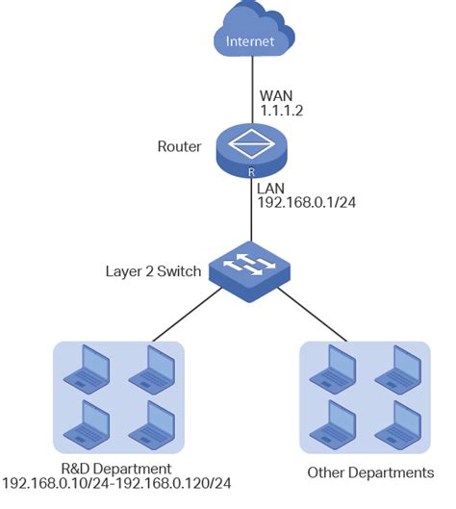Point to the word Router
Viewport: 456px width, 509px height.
pyautogui.click(x=178, y=147)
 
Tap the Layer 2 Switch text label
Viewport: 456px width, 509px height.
pyautogui.click(x=153, y=270)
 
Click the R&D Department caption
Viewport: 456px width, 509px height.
pyautogui.click(x=116, y=467)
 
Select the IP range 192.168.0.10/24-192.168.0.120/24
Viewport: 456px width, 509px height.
pyautogui.click(x=116, y=482)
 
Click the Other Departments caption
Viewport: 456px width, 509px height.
pyautogui.click(x=369, y=473)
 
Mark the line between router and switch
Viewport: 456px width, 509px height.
pyautogui.click(x=250, y=212)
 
